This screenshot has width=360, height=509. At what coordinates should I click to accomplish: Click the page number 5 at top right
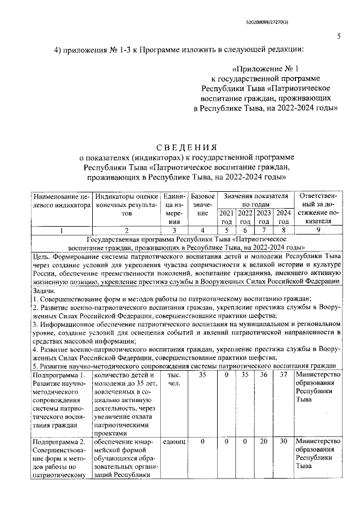(x=339, y=37)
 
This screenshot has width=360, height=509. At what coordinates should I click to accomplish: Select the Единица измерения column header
(x=174, y=209)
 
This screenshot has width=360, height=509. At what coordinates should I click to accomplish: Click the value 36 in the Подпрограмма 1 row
(x=263, y=375)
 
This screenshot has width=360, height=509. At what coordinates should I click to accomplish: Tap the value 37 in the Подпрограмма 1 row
(x=283, y=375)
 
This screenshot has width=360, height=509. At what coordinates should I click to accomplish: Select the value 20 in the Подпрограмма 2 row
(x=263, y=442)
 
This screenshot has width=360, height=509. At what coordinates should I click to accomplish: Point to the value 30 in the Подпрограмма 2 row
(x=283, y=442)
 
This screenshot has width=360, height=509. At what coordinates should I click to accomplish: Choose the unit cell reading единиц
(x=174, y=442)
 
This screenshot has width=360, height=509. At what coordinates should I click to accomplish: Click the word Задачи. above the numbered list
(x=44, y=291)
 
